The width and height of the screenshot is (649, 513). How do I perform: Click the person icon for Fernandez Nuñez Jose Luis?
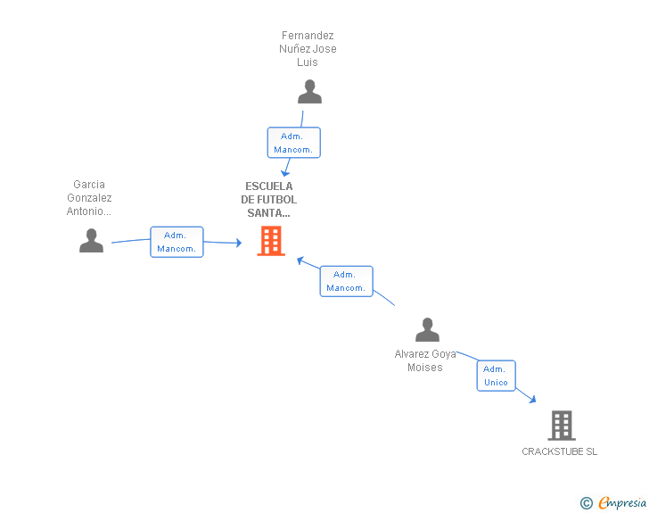309,92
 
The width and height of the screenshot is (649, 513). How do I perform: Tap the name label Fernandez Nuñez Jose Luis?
308,49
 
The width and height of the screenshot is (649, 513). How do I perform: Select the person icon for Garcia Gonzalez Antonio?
91,241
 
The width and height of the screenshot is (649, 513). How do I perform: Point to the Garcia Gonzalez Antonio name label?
89,198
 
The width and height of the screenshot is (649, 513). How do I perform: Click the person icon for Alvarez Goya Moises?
427,330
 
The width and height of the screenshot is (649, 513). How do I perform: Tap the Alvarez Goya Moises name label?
425,360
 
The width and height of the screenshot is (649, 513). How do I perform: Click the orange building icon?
271,241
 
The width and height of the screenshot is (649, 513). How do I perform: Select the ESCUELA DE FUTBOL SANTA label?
269,200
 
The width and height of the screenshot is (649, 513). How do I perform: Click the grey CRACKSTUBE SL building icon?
562,426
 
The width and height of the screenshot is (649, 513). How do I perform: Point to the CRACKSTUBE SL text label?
560,451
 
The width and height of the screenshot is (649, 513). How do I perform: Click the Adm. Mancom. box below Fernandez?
293,143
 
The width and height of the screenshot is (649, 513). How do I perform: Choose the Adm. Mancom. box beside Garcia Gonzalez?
177,242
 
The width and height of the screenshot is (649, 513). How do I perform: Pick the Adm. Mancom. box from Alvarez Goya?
346,281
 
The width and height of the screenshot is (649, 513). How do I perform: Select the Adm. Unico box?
496,376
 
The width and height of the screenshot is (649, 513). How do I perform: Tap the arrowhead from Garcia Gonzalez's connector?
238,243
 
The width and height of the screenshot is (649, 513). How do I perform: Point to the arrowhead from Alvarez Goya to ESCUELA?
300,261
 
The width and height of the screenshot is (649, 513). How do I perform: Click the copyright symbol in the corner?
586,503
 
